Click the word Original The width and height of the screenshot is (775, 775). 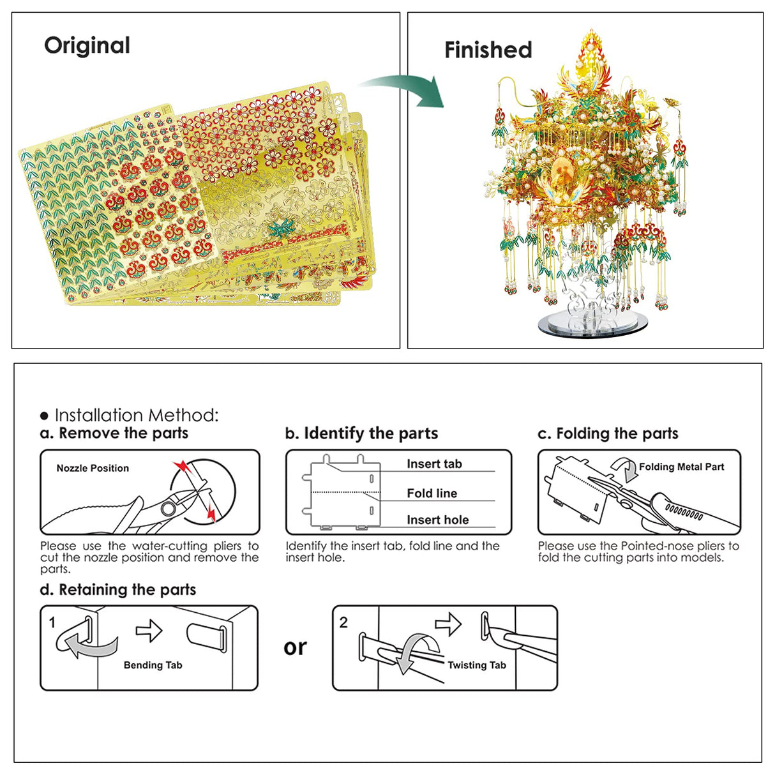[87, 46]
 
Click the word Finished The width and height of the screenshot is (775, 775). [488, 50]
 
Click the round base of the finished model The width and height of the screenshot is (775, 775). [591, 324]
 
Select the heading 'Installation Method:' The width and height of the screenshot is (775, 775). [136, 416]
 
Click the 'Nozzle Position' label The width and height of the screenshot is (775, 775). [93, 468]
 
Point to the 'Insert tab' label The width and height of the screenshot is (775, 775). [434, 464]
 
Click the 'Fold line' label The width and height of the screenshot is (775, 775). [432, 493]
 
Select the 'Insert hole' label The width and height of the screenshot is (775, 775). [437, 520]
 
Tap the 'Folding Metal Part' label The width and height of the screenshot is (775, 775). [681, 467]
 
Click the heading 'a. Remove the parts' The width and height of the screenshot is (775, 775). [114, 433]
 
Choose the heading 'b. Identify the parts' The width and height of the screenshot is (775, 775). [361, 434]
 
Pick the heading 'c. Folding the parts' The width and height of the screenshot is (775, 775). [608, 434]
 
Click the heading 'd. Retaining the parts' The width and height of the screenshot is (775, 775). [117, 590]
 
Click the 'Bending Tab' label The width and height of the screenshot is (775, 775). [153, 665]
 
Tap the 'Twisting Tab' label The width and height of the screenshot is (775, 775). [476, 665]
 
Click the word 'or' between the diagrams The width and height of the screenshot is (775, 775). [295, 648]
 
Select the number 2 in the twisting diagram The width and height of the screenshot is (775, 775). [343, 622]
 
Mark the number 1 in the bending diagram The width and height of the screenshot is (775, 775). [52, 622]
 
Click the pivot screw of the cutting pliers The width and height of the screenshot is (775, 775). [168, 509]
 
